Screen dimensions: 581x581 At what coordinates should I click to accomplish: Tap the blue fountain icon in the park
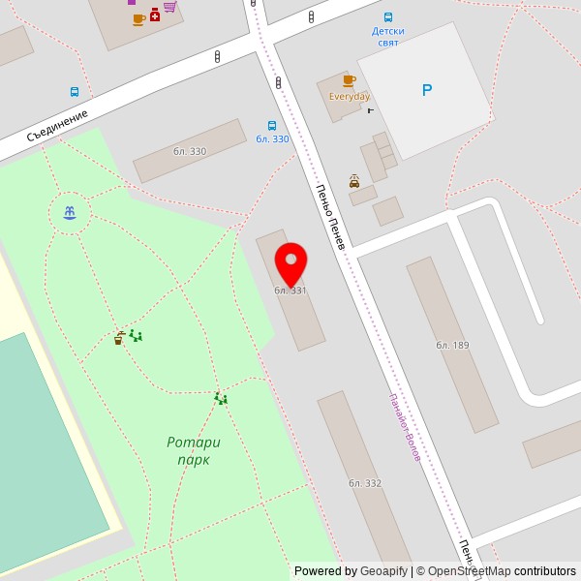[70, 212]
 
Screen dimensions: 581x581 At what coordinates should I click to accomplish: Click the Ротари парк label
[194, 451]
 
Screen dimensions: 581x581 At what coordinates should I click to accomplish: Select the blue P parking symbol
[427, 90]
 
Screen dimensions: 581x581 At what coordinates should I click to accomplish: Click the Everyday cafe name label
[350, 97]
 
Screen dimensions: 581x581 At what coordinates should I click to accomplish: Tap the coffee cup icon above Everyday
[349, 81]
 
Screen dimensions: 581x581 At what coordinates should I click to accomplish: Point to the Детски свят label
[388, 37]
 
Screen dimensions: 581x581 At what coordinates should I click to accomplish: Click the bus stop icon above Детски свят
[388, 17]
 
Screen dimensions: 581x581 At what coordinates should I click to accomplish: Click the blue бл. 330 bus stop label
[272, 139]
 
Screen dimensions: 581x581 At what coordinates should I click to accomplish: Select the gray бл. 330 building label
[190, 151]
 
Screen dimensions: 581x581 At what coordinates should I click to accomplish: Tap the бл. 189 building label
[452, 346]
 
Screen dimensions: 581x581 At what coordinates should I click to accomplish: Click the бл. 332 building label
[365, 483]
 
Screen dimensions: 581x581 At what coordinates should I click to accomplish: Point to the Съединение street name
[57, 125]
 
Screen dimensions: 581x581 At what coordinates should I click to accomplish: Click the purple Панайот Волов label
[405, 427]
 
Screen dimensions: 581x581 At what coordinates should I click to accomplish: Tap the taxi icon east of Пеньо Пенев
[354, 181]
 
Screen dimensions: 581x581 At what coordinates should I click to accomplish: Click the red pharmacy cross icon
[155, 15]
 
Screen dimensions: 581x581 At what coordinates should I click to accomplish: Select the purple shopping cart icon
[170, 6]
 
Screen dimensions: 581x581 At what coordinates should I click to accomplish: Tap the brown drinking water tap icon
[118, 339]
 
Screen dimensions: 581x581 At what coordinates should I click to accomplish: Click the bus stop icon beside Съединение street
[75, 92]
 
